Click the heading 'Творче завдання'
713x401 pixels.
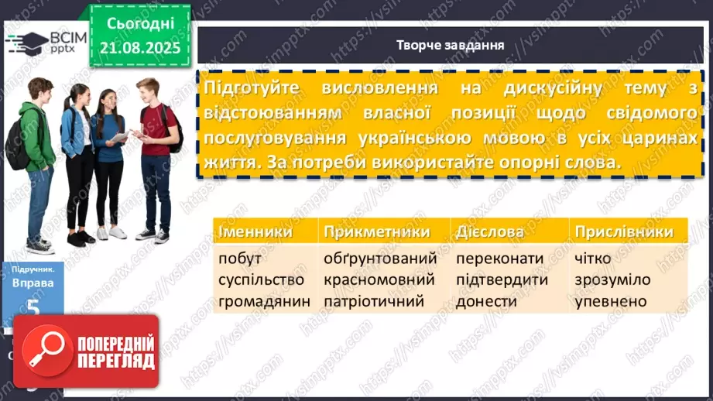[450, 45]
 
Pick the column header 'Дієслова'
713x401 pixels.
[490, 231]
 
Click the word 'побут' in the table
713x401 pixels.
[241, 258]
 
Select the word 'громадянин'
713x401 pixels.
[264, 301]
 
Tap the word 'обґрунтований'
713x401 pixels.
[380, 258]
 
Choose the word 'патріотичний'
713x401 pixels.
[374, 301]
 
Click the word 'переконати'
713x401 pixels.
[500, 258]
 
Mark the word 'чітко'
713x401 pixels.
[593, 258]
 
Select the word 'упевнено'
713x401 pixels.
[611, 301]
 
